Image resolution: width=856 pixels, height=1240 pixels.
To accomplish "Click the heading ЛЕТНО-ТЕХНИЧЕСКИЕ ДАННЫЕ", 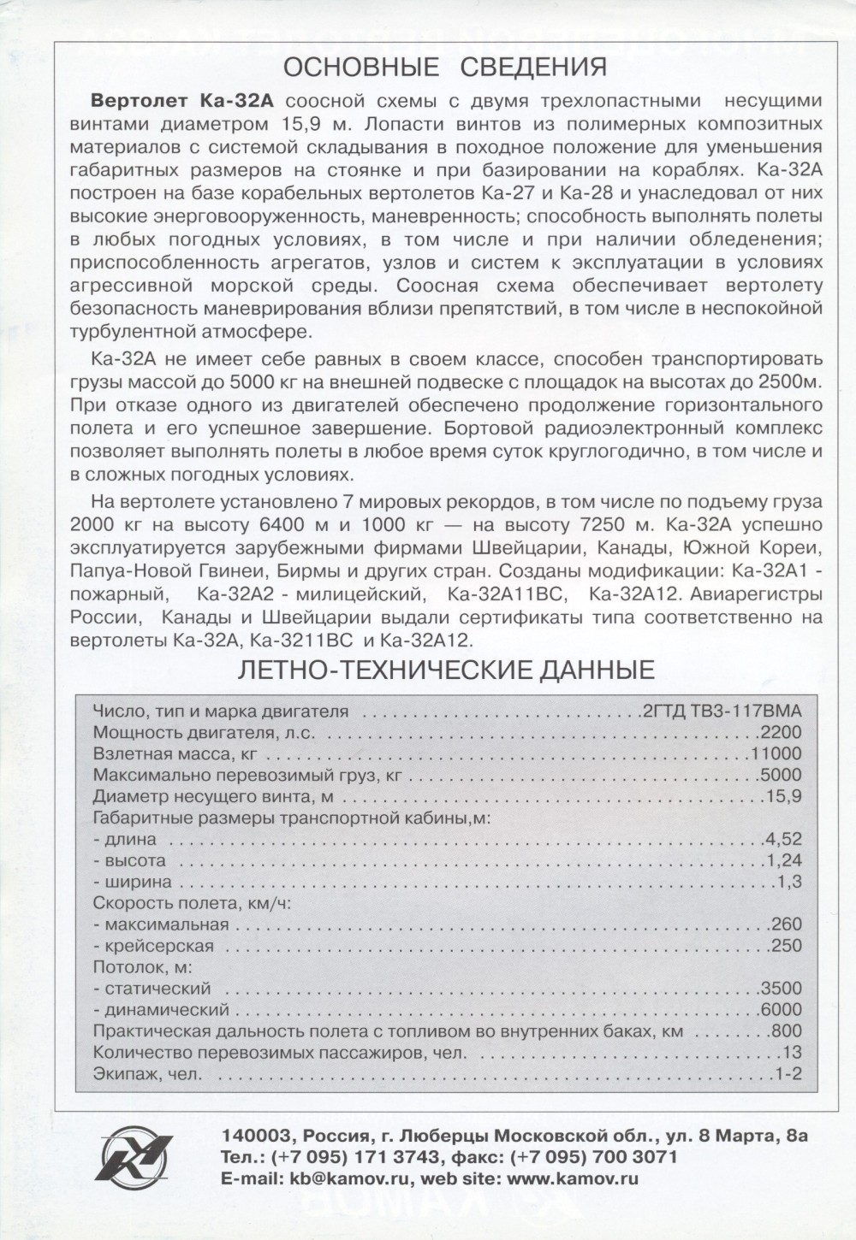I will coord(445,669).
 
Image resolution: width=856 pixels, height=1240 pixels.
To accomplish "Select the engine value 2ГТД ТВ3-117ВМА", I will coord(721,711).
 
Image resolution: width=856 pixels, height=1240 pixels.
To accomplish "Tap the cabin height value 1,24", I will coord(786,860).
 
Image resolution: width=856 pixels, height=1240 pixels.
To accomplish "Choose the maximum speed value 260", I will coord(787,924).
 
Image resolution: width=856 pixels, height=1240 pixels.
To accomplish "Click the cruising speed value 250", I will coord(787,947).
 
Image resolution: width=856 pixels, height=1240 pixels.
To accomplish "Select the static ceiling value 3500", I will coord(781,989).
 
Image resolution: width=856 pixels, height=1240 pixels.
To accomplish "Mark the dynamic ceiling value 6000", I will coord(781,1010).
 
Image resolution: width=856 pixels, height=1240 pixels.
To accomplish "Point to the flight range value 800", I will coord(787,1030).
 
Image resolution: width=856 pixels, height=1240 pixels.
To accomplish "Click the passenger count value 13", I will coord(792,1052).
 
